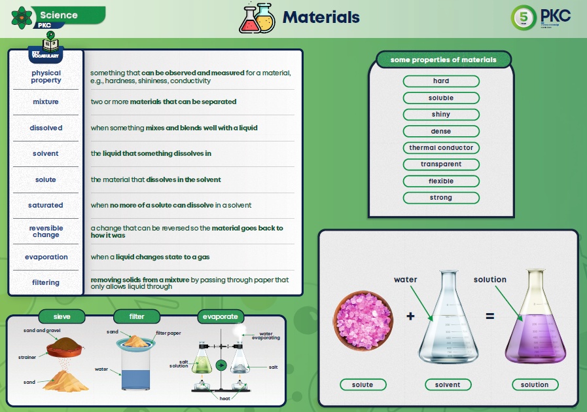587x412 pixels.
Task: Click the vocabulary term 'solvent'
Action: coord(46,154)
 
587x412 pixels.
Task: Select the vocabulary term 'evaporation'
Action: coord(46,257)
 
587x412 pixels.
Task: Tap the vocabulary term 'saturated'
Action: coord(46,206)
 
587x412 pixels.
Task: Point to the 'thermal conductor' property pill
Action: coord(441,148)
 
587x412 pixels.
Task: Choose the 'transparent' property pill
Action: coord(441,164)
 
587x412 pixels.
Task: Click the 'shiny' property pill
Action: coord(441,115)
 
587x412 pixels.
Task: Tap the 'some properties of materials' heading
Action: coord(443,60)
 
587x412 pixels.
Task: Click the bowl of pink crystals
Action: coord(363,320)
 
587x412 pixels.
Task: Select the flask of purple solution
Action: coord(535,324)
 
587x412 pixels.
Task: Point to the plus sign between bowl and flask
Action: coord(410,316)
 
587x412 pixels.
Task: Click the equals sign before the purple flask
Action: coord(489,316)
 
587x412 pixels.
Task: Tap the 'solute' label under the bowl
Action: coord(363,385)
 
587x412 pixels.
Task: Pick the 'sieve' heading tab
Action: coord(63,317)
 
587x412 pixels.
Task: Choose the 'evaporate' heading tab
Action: coord(220,317)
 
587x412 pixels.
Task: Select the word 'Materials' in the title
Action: coord(321,18)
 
